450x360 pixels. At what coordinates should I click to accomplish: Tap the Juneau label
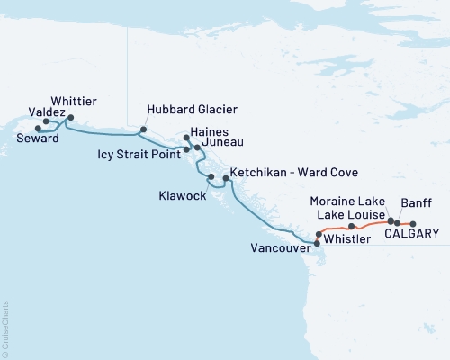click(222, 142)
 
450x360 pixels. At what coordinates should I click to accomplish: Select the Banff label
click(417, 202)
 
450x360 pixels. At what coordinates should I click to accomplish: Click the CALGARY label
click(412, 234)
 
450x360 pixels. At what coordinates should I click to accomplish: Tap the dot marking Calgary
click(413, 223)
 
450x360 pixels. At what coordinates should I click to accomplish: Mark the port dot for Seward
click(38, 129)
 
